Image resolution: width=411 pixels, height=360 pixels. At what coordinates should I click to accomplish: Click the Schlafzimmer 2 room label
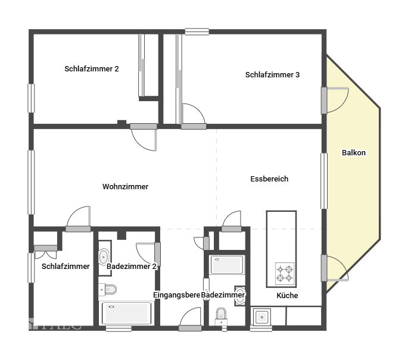coord(92,68)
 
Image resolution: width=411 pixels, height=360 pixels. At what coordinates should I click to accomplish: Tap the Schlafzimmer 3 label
coord(272,74)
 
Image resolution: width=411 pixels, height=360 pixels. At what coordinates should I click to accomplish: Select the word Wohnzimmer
coord(125,186)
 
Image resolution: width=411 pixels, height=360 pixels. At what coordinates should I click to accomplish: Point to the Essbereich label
coord(269,179)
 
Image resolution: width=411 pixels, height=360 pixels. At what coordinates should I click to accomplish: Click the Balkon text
coord(354,153)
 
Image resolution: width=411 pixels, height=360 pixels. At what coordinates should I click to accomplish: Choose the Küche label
coord(287,295)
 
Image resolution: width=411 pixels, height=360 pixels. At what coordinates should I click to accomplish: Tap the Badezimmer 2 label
coord(132,267)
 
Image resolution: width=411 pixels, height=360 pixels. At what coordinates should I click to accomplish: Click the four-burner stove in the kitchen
coord(284,273)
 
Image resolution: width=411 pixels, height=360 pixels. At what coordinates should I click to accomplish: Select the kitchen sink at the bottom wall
coord(261,317)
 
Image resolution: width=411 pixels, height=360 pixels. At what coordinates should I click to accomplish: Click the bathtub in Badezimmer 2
coord(126,313)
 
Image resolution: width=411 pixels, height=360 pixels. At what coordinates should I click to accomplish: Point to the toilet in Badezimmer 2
coord(108,290)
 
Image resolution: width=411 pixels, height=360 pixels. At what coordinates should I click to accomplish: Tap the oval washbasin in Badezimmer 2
coord(104,256)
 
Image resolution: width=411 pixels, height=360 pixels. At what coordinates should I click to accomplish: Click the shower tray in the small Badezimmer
coord(226,265)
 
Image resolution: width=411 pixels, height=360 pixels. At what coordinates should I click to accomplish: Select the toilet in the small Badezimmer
coord(222,315)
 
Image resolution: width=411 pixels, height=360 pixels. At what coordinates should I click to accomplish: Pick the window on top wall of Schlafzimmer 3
coord(196,32)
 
